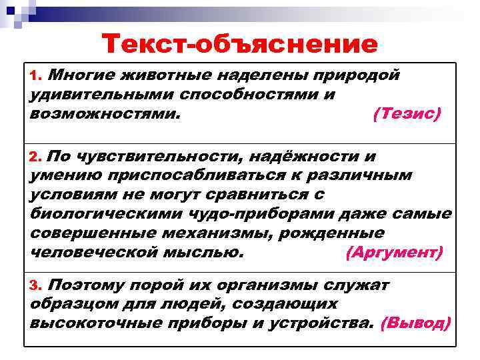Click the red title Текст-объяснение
point(240,44)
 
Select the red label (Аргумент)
point(395,253)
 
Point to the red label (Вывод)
point(415,324)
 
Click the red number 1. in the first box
point(37,75)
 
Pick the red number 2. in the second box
point(37,159)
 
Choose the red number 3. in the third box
point(37,286)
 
